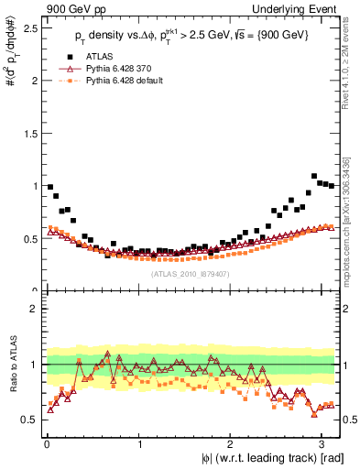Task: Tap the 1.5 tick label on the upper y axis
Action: point(29,133)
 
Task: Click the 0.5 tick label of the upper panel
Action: point(29,238)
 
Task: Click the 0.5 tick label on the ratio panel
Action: point(29,420)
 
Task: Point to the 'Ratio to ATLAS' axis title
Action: point(11,365)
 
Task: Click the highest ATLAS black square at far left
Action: point(50,187)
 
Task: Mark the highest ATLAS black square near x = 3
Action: point(314,176)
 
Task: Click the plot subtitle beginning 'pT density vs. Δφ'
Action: point(191,37)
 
